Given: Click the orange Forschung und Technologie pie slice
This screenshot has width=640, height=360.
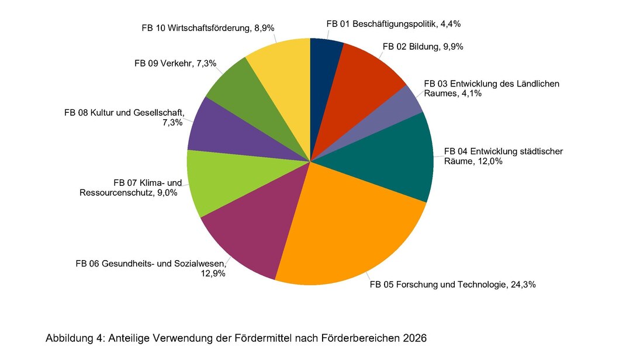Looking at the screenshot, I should click(351, 228).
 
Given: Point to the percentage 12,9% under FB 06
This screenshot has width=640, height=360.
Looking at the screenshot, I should click(213, 273).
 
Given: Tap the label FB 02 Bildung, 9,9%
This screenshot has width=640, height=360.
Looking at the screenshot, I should click(423, 47).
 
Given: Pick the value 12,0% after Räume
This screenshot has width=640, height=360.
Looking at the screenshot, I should click(489, 162).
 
